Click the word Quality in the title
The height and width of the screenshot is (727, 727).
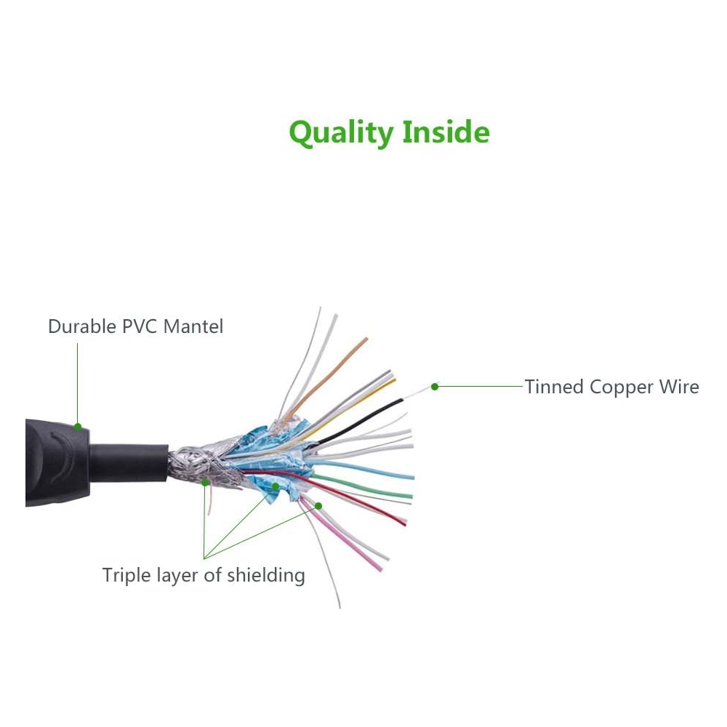click(341, 132)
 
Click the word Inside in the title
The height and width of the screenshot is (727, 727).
click(446, 132)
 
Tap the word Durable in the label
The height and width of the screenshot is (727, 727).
click(82, 326)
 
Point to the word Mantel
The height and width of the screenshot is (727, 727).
click(193, 326)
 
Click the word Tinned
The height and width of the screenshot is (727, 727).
click(554, 387)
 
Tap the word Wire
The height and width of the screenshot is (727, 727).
click(679, 387)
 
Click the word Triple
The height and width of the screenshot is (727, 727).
click(126, 575)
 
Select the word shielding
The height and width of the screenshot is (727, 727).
click(266, 575)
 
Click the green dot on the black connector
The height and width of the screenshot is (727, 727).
click(78, 427)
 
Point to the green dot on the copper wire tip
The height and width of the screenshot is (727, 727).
click(435, 387)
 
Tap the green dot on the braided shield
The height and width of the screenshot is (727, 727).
click(205, 483)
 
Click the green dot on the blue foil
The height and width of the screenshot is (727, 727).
click(276, 486)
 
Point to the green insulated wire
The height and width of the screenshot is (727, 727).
click(361, 487)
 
